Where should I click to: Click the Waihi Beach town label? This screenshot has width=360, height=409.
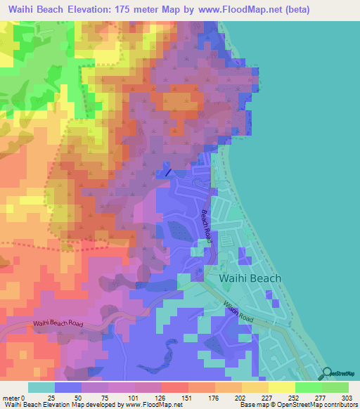pos(250,278)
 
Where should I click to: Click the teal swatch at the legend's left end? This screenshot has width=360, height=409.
pos(41,388)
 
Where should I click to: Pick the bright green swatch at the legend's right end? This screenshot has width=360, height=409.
pos(335,388)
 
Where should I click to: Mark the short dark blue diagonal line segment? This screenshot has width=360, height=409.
pos(168,172)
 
